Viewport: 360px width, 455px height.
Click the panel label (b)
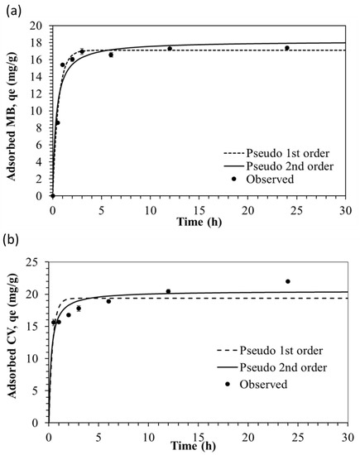[11, 240]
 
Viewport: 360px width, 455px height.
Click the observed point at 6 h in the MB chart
[111, 55]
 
